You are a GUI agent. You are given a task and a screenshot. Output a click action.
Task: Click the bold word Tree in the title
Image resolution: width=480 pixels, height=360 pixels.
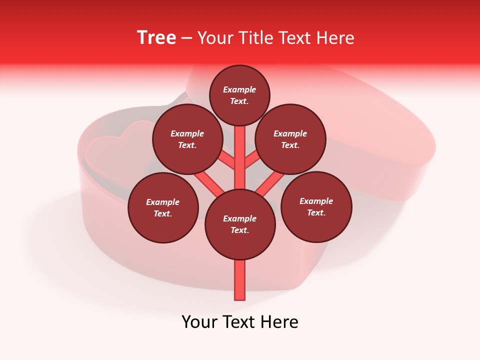156,38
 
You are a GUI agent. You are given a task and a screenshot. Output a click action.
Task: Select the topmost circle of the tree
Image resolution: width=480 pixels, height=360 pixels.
239,95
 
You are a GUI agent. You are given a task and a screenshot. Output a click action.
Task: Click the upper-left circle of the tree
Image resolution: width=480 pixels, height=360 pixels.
187,139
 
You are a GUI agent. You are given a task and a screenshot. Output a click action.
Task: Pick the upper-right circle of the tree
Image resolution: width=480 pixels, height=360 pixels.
290,139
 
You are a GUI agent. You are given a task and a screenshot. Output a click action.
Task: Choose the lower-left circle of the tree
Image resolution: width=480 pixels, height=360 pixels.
163,207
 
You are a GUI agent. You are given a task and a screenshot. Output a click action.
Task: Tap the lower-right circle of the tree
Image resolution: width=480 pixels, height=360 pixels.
316,206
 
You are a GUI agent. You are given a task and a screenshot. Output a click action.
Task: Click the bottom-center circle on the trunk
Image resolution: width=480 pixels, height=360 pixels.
240,224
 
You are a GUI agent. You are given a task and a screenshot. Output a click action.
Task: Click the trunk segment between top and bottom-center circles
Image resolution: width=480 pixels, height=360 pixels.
240,157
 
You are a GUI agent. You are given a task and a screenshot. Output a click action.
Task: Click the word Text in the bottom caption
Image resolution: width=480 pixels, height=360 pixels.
240,322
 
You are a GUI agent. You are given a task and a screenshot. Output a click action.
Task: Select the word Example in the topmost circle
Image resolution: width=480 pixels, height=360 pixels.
239,89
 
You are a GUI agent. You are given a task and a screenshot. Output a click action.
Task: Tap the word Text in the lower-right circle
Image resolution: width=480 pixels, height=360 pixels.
316,212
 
